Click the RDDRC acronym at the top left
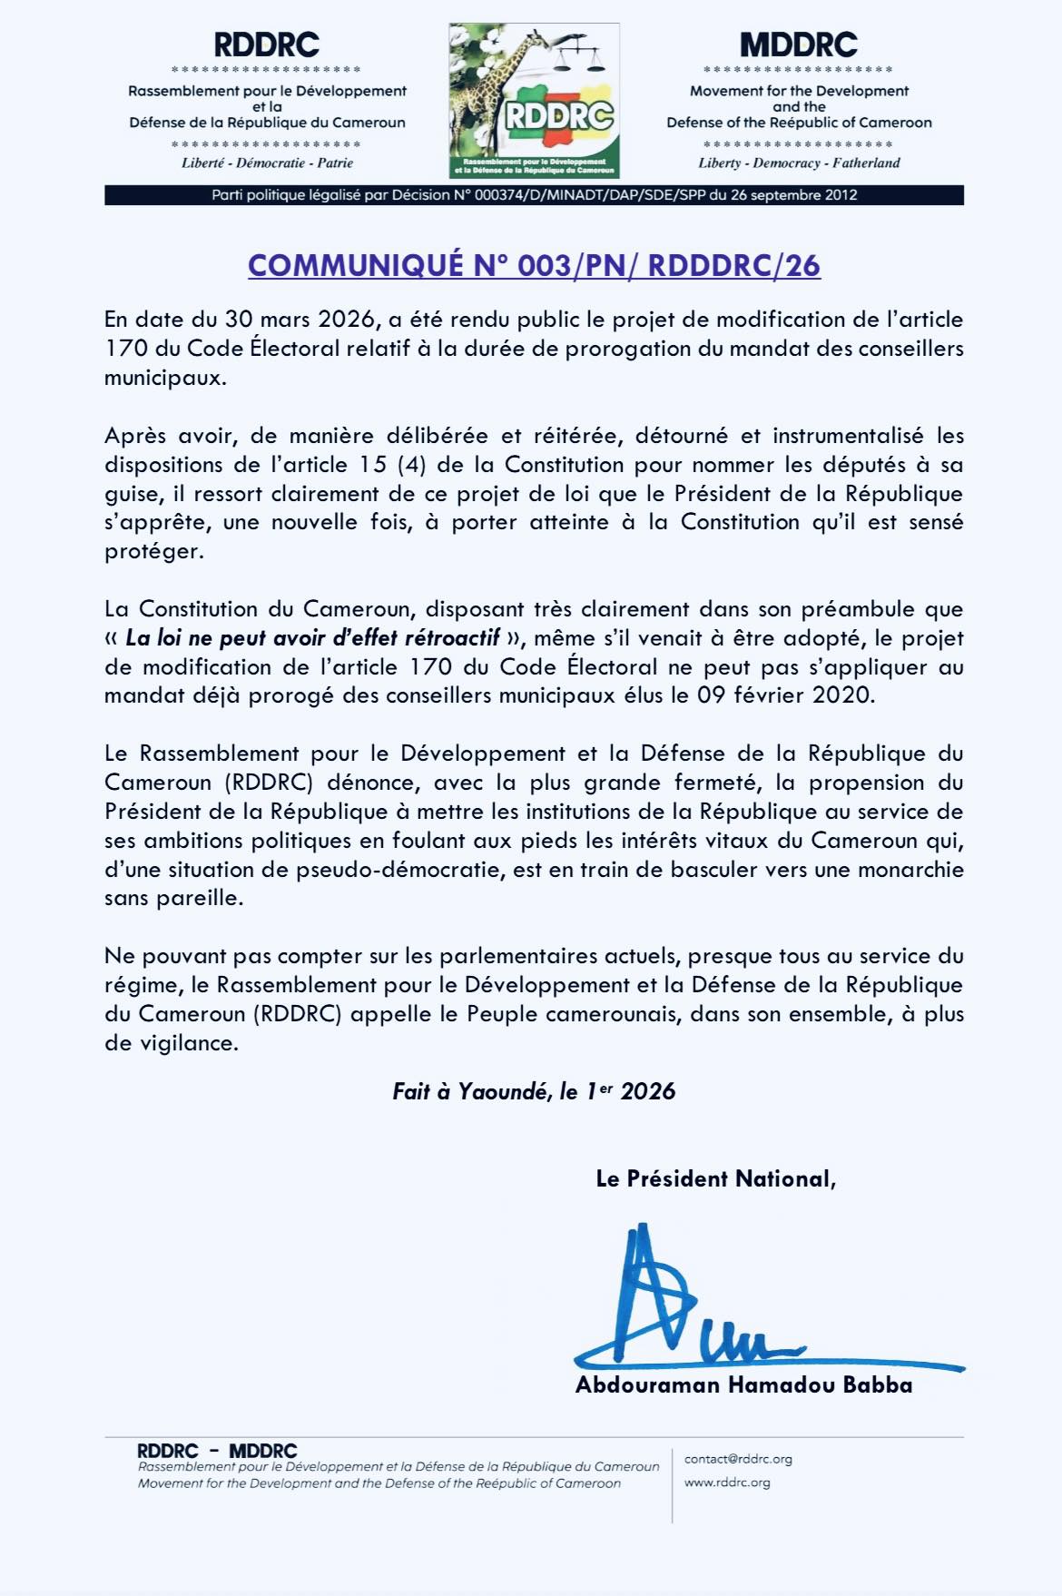(267, 44)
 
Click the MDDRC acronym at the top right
(799, 44)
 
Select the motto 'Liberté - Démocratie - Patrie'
(267, 163)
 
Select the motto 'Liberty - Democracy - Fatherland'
(799, 163)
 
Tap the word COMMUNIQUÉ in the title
(356, 265)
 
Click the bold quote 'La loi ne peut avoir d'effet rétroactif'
(313, 638)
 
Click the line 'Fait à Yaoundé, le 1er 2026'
(534, 1091)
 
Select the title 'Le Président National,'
(715, 1178)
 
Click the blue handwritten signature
(690, 1307)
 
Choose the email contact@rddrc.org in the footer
(738, 1459)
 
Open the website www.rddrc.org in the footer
(727, 1483)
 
